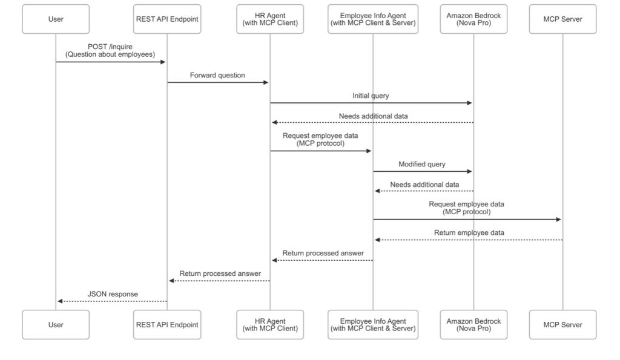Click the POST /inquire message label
(110, 51)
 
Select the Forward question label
(217, 76)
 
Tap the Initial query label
(371, 96)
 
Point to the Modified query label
(422, 164)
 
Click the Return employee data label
(469, 232)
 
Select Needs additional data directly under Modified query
(424, 184)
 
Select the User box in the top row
(55, 19)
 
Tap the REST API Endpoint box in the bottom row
(167, 324)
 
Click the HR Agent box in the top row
(269, 19)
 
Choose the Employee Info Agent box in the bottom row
(372, 324)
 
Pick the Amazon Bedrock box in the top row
(474, 19)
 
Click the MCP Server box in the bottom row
(562, 324)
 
